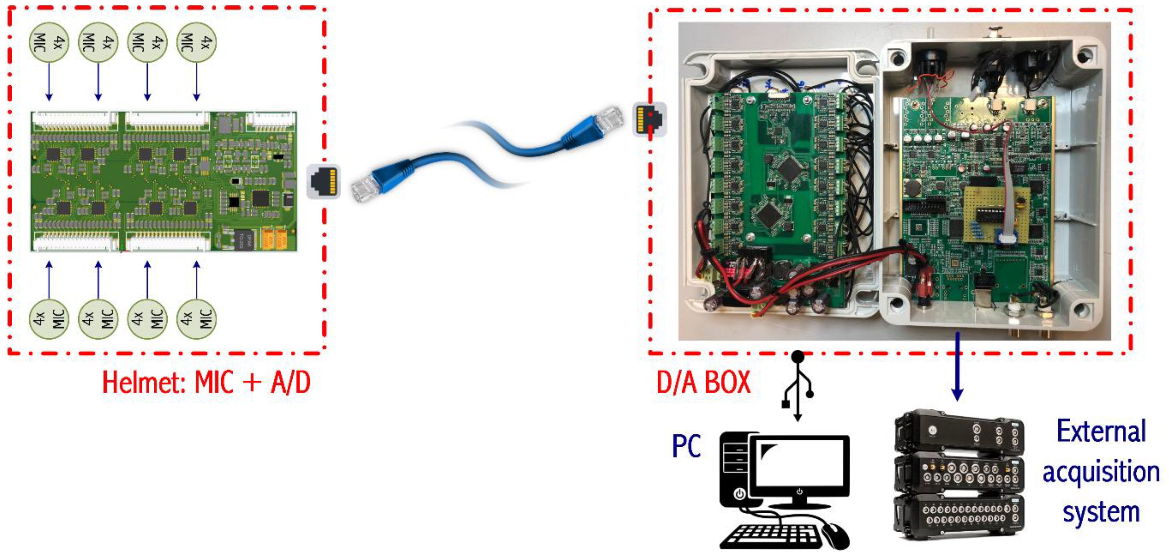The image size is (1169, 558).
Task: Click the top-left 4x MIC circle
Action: (48, 43)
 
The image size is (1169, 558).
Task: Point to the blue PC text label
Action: (686, 446)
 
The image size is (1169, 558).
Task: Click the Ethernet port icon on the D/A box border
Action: (649, 119)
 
